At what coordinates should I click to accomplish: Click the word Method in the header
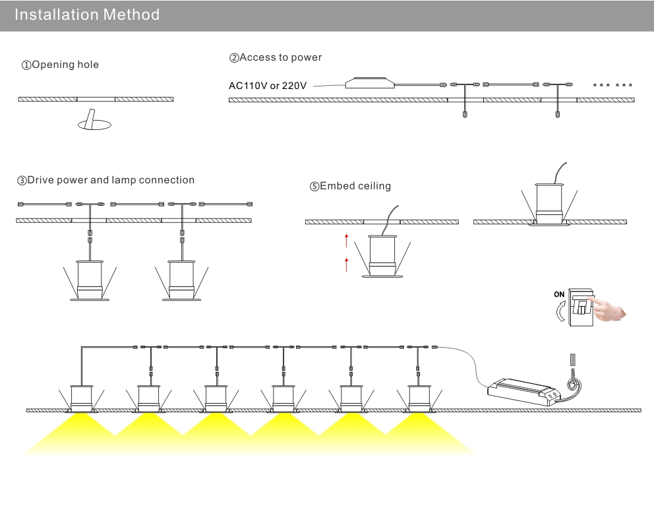pyautogui.click(x=131, y=15)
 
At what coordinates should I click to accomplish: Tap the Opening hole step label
pyautogui.click(x=60, y=65)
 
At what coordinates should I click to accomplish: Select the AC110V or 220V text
pyautogui.click(x=268, y=86)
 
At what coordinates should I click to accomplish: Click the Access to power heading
pyautogui.click(x=276, y=57)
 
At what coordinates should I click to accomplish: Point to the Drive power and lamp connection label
pyautogui.click(x=105, y=180)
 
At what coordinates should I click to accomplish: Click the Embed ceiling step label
pyautogui.click(x=350, y=186)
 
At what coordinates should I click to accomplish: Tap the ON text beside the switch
pyautogui.click(x=559, y=294)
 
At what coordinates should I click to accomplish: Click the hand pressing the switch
pyautogui.click(x=608, y=309)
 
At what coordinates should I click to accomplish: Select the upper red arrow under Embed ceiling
pyautogui.click(x=346, y=240)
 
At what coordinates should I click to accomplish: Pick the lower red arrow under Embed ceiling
pyautogui.click(x=346, y=264)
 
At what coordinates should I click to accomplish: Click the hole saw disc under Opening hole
pyautogui.click(x=95, y=124)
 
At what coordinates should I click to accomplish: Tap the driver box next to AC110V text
pyautogui.click(x=370, y=82)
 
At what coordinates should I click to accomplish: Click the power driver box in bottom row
pyautogui.click(x=524, y=391)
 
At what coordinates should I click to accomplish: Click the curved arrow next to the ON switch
pyautogui.click(x=560, y=312)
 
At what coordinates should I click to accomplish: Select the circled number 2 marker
pyautogui.click(x=233, y=58)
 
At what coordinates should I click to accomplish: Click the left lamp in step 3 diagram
pyautogui.click(x=90, y=280)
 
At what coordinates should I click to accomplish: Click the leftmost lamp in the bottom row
pyautogui.click(x=81, y=399)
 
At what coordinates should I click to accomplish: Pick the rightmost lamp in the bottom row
pyautogui.click(x=419, y=399)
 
